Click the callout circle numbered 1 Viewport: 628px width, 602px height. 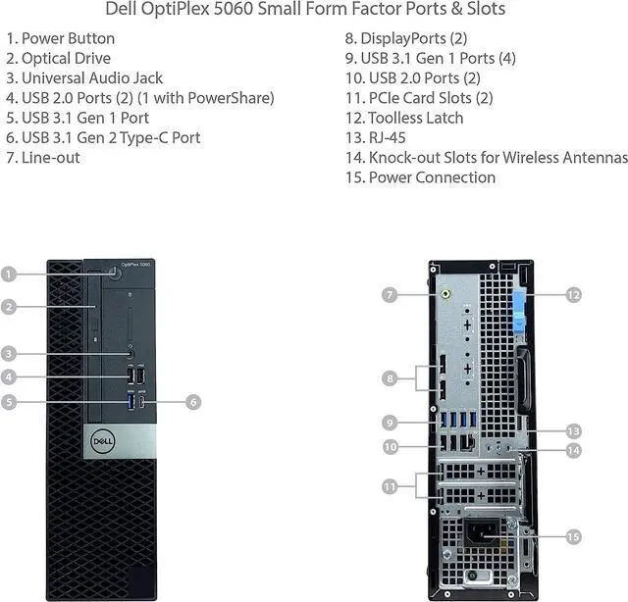(9, 275)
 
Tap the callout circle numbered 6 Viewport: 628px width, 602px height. (192, 401)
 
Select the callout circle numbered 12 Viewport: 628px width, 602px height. (574, 293)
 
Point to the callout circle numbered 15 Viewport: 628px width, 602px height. (574, 536)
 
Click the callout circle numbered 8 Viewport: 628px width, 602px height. (390, 377)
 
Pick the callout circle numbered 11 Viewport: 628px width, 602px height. (390, 485)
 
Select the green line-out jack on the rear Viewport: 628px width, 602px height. (446, 291)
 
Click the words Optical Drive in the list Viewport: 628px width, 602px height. (65, 58)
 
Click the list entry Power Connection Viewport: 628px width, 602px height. (432, 177)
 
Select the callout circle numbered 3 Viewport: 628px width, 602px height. (9, 354)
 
